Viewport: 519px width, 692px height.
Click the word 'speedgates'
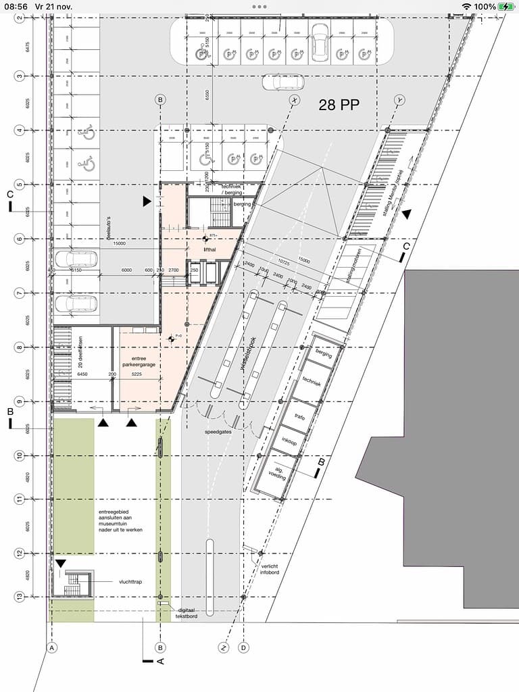click(x=219, y=430)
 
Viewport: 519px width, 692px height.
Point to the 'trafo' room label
click(x=300, y=417)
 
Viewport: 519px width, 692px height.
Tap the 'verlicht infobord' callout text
click(x=270, y=569)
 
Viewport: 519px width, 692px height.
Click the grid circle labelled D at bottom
click(x=244, y=647)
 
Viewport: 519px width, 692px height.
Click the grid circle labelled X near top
click(x=295, y=100)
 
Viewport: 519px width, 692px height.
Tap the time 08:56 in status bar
click(x=14, y=6)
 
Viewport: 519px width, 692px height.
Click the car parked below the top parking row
click(x=282, y=82)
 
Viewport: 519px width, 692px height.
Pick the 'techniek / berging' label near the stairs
click(x=236, y=189)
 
